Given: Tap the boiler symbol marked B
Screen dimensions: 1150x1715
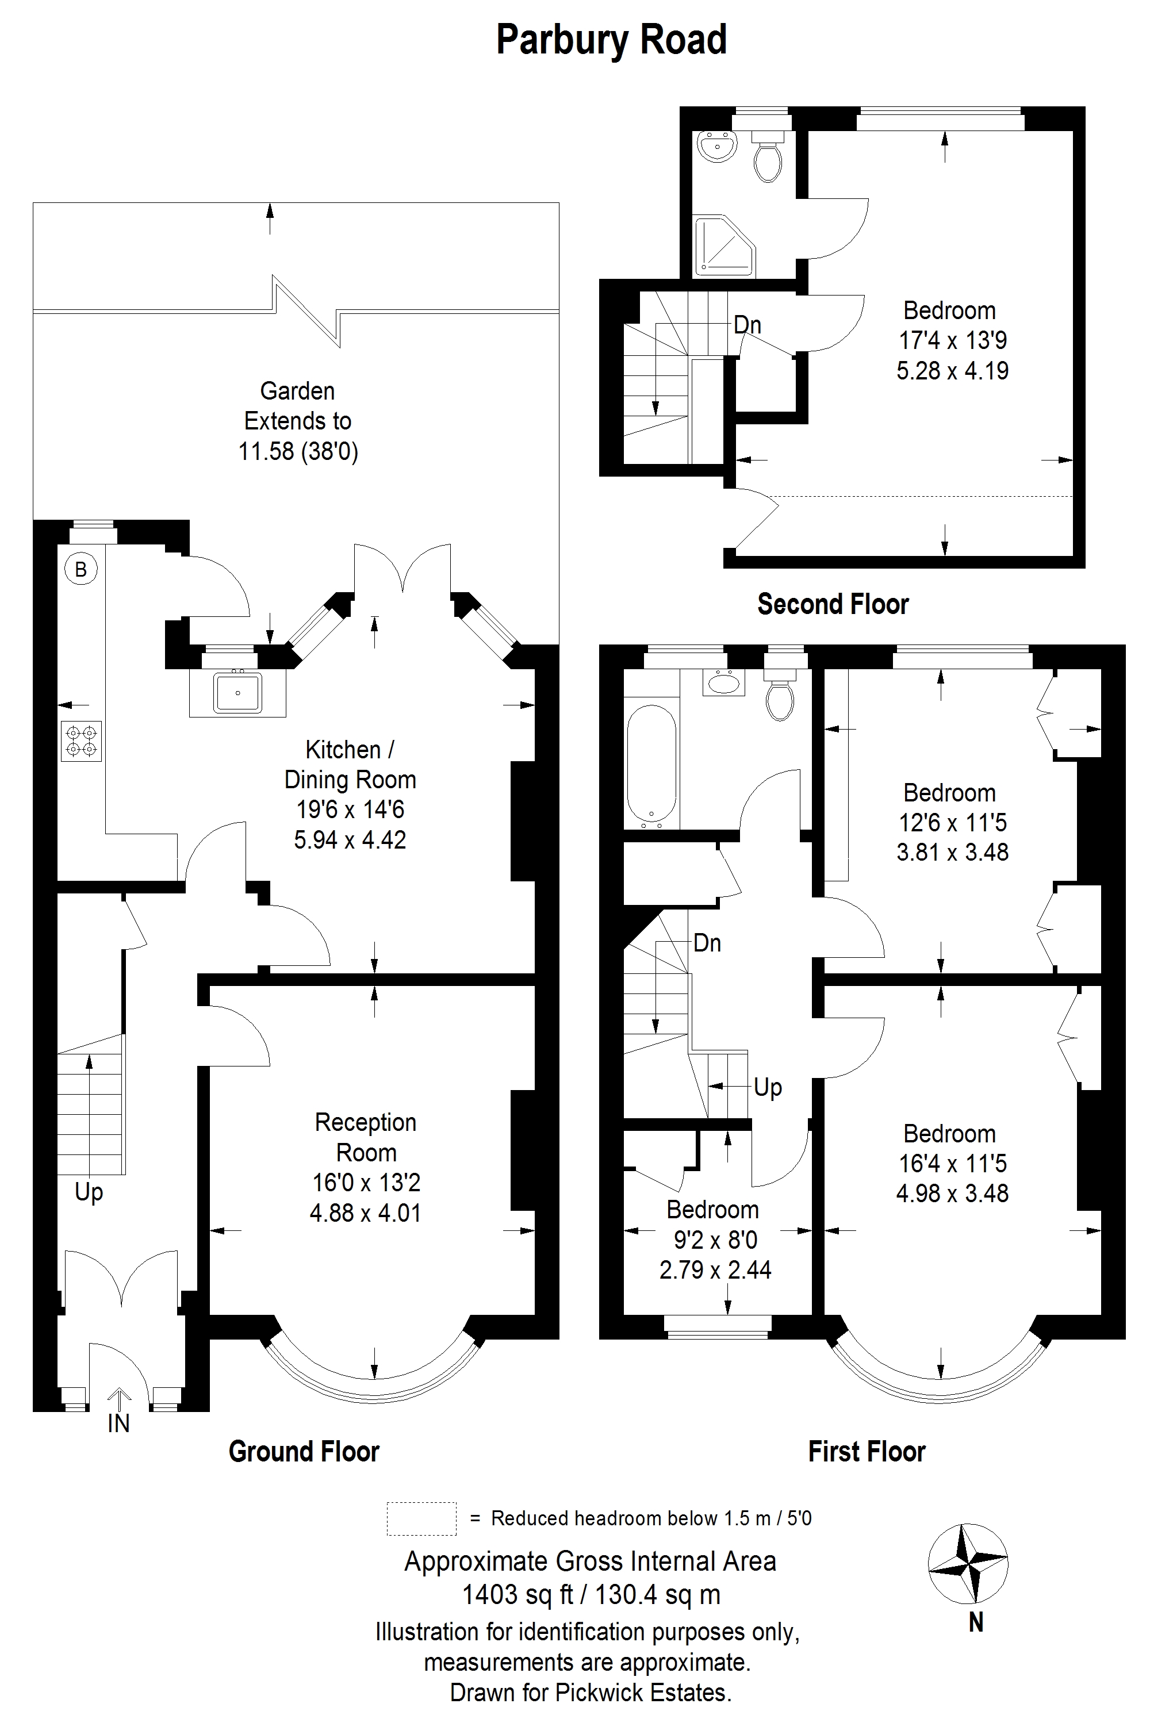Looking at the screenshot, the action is [x=82, y=569].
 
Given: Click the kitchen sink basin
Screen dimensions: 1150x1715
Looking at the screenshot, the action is [x=237, y=693].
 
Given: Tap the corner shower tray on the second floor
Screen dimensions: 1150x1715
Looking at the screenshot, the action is [x=724, y=247].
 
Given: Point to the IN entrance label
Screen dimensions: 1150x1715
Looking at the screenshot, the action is [x=119, y=1422].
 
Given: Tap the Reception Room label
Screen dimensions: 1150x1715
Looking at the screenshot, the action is [x=365, y=1137].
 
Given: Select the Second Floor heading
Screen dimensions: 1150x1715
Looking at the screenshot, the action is [x=833, y=604].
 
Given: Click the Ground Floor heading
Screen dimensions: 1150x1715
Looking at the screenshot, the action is [x=304, y=1452].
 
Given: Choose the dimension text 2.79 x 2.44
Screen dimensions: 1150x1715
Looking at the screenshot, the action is [x=715, y=1269].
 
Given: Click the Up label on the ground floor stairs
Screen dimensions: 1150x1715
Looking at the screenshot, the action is [x=89, y=1193].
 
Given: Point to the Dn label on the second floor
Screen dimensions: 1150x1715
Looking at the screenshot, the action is [x=747, y=325].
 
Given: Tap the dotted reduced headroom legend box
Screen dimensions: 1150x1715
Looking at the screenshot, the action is [x=421, y=1518].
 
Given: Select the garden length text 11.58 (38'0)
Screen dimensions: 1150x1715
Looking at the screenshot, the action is [x=298, y=451].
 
